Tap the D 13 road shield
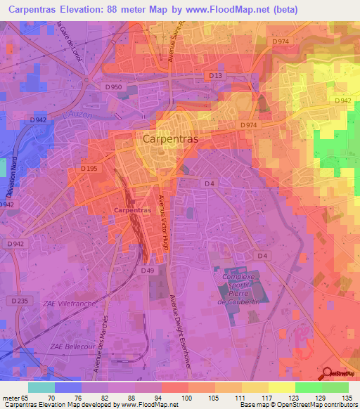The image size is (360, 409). [x=216, y=75]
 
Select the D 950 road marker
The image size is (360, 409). [x=113, y=87]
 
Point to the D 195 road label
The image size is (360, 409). [x=89, y=169]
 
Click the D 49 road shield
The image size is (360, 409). [x=147, y=271]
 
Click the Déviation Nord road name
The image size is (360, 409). [x=8, y=186]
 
